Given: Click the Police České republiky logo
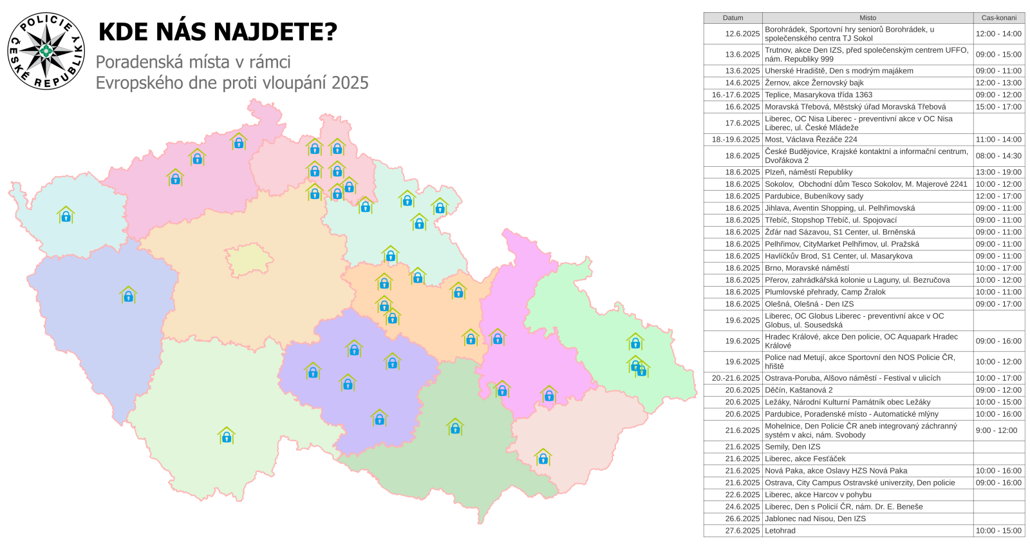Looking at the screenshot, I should tap(46, 51).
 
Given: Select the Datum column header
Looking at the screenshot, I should tap(733, 18).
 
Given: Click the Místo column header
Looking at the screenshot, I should tap(867, 18).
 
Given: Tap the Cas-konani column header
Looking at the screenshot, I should tap(998, 18).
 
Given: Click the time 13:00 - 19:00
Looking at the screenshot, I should tap(998, 172).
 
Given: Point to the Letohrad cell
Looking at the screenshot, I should tap(780, 531).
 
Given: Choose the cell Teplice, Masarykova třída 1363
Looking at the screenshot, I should tap(818, 95).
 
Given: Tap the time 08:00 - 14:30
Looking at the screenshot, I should tap(998, 156).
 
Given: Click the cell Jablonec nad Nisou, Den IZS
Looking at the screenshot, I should tap(815, 519).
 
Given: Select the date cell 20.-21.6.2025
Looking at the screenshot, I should tap(736, 378).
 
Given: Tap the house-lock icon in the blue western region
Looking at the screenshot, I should tap(128, 295).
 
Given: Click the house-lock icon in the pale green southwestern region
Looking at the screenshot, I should tap(226, 436).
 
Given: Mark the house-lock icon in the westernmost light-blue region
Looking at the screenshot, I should tap(66, 215).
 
